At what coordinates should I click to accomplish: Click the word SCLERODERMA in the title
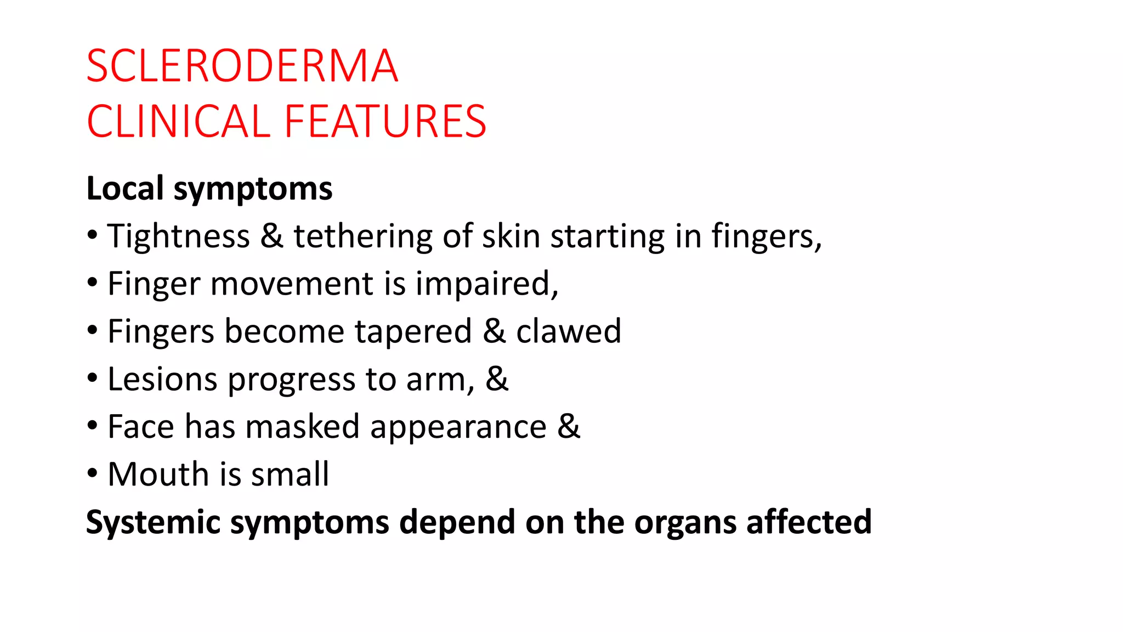tap(242, 66)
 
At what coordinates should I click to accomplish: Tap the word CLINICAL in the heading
tap(179, 121)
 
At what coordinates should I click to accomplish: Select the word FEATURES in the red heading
tap(385, 121)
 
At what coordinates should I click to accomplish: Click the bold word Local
tap(125, 188)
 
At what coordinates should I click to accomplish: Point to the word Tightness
tap(178, 236)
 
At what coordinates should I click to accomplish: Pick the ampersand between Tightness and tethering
tap(271, 236)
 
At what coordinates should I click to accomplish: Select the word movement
tap(291, 284)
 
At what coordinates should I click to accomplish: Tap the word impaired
tap(485, 284)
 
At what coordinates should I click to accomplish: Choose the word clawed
tap(569, 331)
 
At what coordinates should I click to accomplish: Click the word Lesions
tap(162, 379)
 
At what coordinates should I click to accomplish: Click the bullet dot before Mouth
tap(92, 472)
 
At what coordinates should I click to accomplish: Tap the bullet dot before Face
tap(92, 425)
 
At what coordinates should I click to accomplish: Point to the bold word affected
tap(809, 522)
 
